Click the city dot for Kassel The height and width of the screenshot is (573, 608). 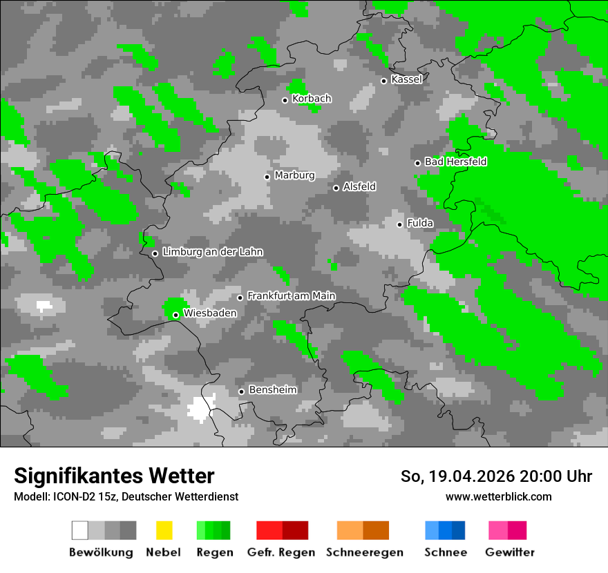click(384, 81)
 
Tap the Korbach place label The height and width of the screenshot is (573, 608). click(312, 99)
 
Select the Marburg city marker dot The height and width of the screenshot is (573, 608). click(267, 177)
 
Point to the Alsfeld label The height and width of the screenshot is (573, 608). click(359, 187)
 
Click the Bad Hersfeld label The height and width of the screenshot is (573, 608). click(455, 162)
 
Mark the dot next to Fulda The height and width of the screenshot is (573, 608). click(400, 224)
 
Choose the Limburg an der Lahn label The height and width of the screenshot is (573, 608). click(213, 253)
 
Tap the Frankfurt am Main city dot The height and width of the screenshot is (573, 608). click(240, 298)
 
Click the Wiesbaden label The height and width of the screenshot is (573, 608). click(210, 313)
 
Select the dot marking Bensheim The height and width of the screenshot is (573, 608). click(241, 391)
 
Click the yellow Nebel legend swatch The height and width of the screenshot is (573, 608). click(164, 530)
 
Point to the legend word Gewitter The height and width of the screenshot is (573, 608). click(509, 552)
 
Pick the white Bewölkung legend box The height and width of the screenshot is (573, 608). click(80, 530)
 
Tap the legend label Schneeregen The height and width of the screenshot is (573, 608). click(365, 552)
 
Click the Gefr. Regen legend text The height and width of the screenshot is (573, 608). click(281, 552)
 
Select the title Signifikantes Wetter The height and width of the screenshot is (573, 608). click(114, 476)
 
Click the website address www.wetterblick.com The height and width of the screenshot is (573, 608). click(498, 496)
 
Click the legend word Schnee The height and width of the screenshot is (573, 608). click(445, 552)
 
